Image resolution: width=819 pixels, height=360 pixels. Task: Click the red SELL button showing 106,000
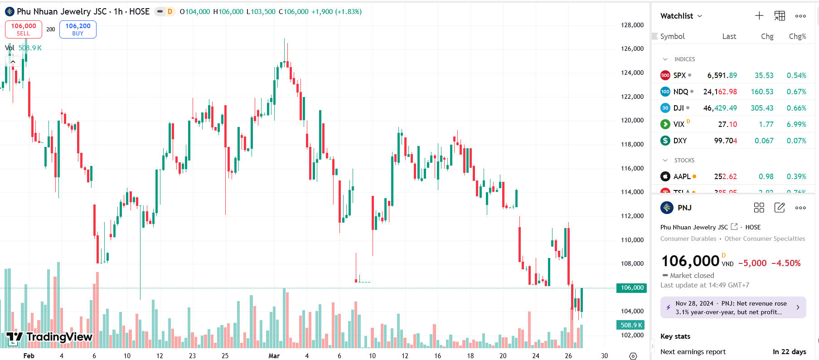[x=24, y=29]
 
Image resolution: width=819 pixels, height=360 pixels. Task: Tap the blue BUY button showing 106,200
[x=78, y=29]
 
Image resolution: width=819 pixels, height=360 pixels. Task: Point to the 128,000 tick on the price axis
[x=632, y=25]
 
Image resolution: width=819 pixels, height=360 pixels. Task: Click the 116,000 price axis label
[x=632, y=168]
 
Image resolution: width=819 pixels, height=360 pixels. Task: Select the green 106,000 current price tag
[x=632, y=287]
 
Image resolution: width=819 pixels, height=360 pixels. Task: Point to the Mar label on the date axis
[x=274, y=356]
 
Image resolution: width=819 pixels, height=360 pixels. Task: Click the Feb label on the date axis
[x=29, y=356]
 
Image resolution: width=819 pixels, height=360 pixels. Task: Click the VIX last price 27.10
[x=727, y=124]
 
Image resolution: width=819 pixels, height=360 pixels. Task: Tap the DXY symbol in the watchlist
[x=680, y=141]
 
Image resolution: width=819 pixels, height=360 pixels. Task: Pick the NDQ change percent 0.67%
[x=796, y=92]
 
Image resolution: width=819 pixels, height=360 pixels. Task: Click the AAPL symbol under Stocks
[x=682, y=176]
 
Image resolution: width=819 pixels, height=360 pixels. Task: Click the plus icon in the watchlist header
[x=759, y=16]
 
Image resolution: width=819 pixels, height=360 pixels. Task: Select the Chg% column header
[x=797, y=36]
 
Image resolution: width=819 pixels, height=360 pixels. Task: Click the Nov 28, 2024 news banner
[x=733, y=307]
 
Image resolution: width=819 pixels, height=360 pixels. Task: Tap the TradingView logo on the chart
[x=50, y=337]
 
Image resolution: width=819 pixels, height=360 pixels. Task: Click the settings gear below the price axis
[x=633, y=356]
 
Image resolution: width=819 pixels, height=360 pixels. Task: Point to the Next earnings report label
[x=693, y=352]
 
